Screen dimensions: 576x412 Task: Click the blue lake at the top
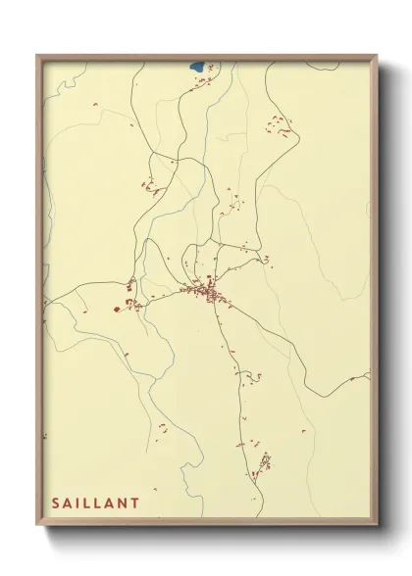click(x=196, y=68)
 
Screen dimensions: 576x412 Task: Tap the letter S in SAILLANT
click(x=56, y=502)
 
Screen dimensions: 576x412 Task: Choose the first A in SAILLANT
click(x=70, y=502)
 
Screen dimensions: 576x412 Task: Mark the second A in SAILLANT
click(x=120, y=502)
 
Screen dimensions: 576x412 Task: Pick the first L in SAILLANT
click(x=93, y=502)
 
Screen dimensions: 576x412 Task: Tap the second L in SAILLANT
click(x=106, y=502)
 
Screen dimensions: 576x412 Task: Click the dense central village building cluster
click(x=208, y=291)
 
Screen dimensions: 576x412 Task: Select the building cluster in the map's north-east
click(x=280, y=124)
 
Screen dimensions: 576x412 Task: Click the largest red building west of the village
click(x=118, y=309)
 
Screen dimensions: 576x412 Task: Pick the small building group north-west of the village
click(x=146, y=185)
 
